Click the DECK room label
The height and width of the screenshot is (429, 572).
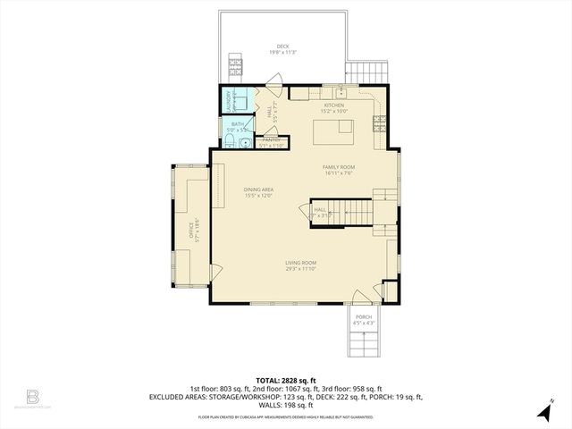(282, 46)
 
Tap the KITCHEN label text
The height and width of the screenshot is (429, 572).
(334, 105)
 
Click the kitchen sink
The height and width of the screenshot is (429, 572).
(341, 93)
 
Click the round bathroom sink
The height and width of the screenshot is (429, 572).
(229, 142)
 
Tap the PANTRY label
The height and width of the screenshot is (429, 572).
(270, 139)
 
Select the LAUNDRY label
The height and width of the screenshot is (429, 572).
(230, 97)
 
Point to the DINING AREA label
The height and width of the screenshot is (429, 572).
(257, 189)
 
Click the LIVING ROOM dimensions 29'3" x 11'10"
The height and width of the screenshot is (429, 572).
(301, 268)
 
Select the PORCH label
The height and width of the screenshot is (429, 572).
(363, 317)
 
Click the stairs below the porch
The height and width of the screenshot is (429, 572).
(363, 345)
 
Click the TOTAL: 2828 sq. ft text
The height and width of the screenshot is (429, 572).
(285, 380)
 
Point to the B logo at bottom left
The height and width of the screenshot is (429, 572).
(33, 395)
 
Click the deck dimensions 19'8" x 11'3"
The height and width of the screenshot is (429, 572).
(282, 53)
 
